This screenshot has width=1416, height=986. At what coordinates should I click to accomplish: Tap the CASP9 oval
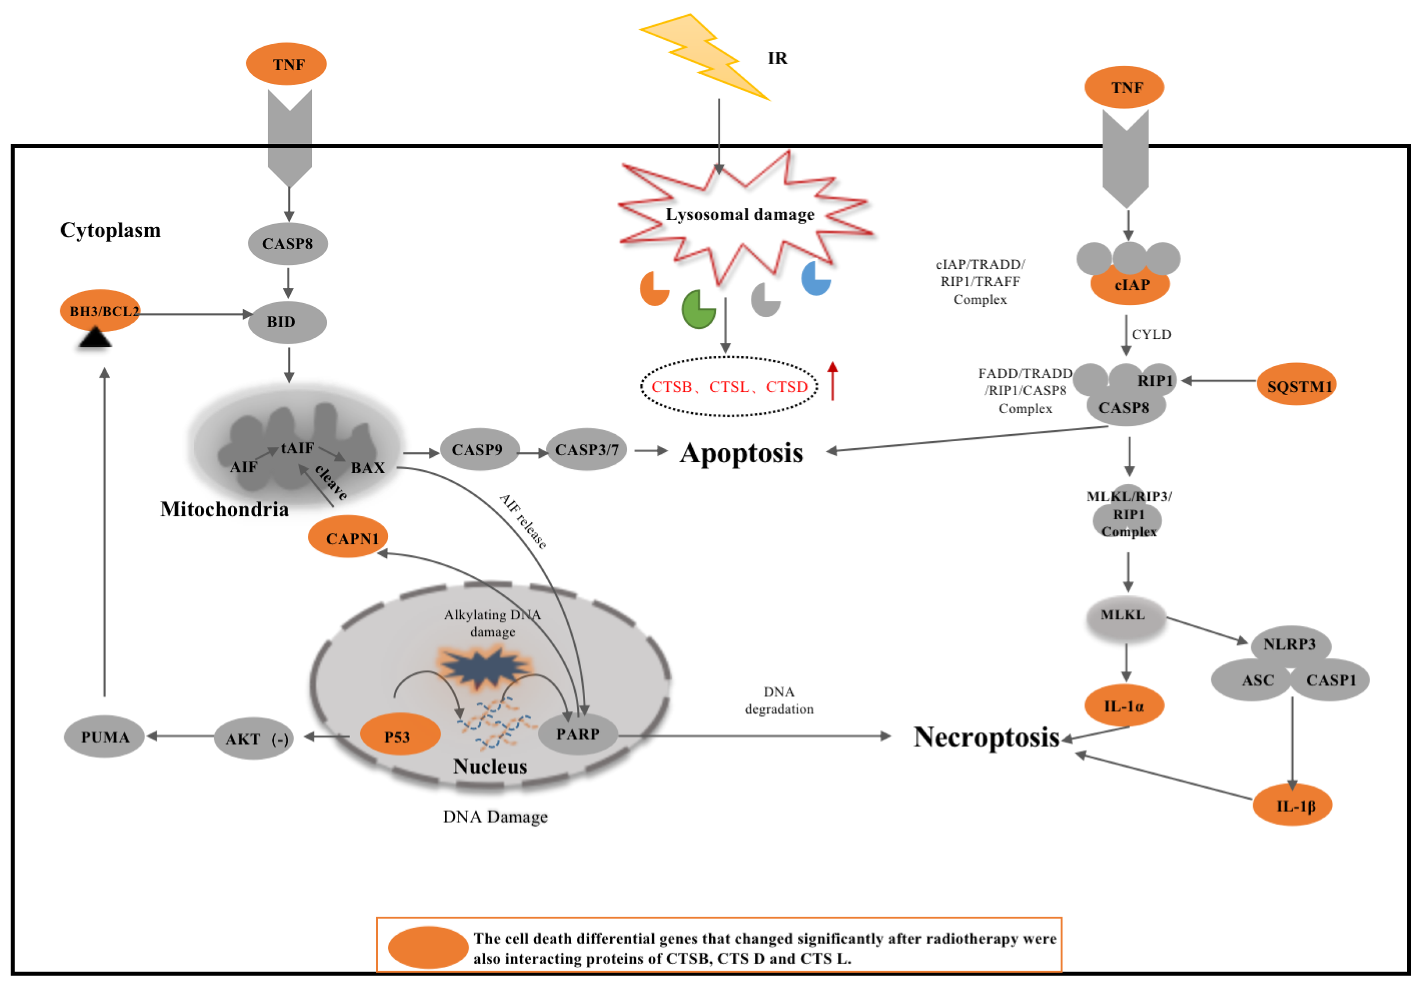click(479, 450)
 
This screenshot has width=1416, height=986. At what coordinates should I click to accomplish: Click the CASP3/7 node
click(586, 450)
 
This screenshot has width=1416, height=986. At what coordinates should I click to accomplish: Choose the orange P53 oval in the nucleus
click(399, 735)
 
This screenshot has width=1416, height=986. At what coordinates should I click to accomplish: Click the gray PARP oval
click(578, 734)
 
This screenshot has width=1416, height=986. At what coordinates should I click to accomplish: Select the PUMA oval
click(104, 736)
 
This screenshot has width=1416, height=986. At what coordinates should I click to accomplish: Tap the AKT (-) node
click(254, 738)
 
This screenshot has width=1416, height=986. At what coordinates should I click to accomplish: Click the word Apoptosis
click(741, 453)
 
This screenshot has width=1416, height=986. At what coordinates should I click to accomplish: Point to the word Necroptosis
click(986, 736)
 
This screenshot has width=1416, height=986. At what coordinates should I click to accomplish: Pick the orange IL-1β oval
click(1293, 805)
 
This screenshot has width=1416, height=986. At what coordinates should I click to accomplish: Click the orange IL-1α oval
click(1124, 705)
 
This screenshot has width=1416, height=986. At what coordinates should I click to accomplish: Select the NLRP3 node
click(1290, 644)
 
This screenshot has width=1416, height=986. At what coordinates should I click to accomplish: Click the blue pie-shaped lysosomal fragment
click(815, 279)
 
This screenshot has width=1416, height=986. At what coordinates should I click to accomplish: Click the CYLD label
click(1151, 334)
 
